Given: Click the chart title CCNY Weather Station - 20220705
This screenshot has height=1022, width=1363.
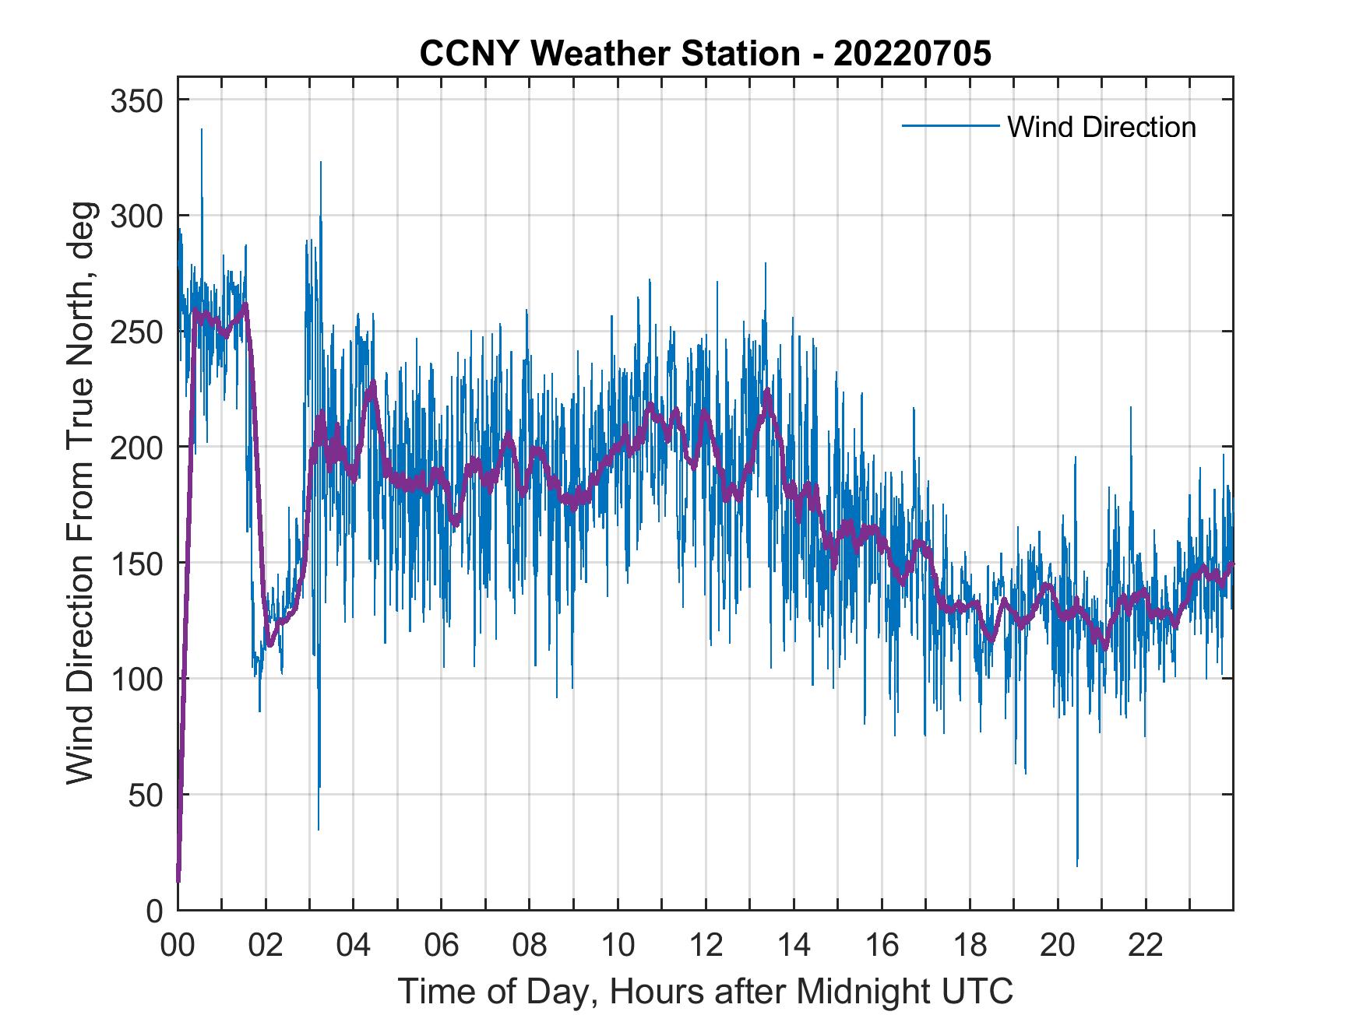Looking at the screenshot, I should point(705,53).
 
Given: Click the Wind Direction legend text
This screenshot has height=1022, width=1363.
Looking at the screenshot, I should point(1101,127).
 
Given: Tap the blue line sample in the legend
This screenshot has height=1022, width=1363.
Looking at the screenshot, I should point(949,126).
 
